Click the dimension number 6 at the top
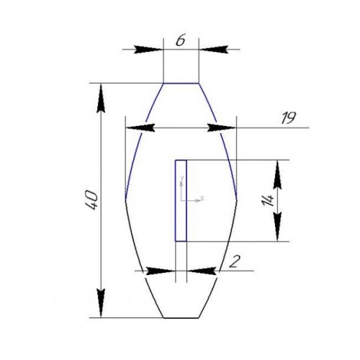tap(181, 41)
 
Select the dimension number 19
tap(289, 118)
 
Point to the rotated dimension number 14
tap(268, 200)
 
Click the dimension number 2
tap(235, 261)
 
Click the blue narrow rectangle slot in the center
tap(181, 200)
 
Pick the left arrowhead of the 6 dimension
tap(148, 50)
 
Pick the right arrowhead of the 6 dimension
tap(213, 50)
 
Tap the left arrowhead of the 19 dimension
tap(140, 128)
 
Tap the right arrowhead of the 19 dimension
tap(222, 128)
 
